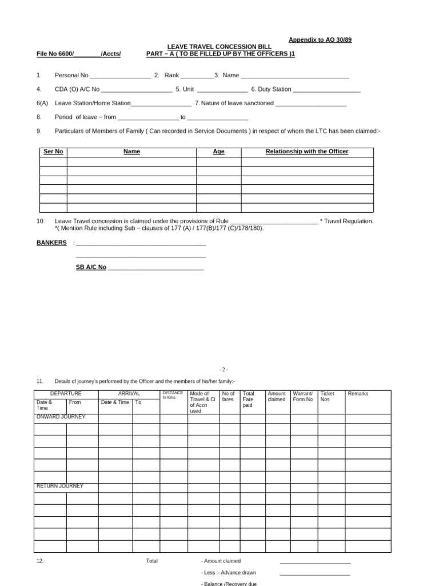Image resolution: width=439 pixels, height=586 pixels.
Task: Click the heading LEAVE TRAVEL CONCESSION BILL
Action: point(219,46)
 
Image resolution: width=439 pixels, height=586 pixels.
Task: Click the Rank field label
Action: point(171,75)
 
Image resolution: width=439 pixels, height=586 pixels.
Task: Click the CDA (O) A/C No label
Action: point(77,89)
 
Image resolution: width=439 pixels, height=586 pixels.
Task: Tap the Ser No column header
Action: point(53,152)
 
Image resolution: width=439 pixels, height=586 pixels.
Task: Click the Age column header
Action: point(218,152)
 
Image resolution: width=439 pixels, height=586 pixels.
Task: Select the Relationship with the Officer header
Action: point(307,152)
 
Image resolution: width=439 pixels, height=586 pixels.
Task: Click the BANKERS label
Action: point(51,243)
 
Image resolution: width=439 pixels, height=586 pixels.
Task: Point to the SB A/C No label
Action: point(91,267)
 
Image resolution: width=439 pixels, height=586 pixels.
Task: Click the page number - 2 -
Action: point(224,370)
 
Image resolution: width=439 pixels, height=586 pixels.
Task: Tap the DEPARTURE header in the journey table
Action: point(66,394)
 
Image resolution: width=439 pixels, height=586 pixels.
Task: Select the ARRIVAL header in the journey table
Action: point(129,394)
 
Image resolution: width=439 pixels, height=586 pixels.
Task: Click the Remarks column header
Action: point(358,394)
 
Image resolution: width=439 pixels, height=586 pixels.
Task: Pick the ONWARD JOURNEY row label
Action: point(61,417)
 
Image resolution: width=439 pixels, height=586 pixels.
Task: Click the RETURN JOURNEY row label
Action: point(59,486)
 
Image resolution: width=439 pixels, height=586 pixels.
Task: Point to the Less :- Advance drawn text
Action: point(229,572)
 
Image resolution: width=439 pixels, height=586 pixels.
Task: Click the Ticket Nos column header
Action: point(328,397)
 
